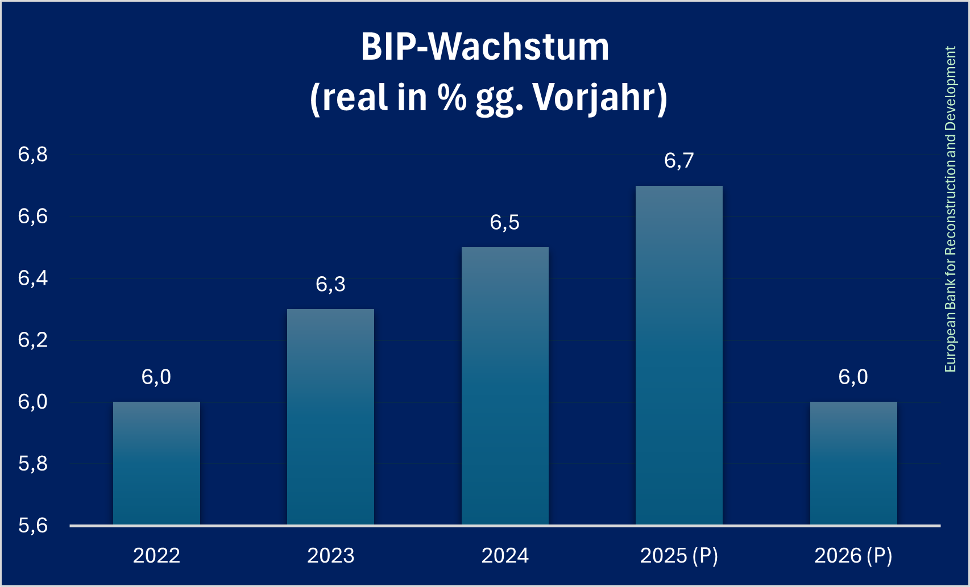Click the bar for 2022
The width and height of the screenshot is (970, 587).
156,463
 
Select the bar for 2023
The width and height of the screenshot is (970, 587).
330,417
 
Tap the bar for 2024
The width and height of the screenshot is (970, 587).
505,386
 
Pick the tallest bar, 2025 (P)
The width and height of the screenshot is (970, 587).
679,355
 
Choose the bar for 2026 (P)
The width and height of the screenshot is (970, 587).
853,463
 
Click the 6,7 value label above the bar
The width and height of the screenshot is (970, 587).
679,161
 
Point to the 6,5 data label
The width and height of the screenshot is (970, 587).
505,223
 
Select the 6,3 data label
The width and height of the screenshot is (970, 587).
330,284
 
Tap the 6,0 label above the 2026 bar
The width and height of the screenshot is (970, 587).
853,377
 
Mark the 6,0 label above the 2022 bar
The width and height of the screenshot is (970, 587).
156,377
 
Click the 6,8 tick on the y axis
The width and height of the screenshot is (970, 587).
33,155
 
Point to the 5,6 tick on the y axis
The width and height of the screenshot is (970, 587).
33,526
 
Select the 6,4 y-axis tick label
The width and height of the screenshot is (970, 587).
33,278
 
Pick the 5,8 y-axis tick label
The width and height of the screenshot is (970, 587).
33,464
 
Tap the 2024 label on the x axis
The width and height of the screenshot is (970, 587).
505,555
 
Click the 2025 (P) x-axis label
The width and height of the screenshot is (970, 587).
679,555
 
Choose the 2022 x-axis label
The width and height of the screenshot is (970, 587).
156,555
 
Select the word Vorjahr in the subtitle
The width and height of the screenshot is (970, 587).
600,98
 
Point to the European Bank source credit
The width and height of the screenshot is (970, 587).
950,209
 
